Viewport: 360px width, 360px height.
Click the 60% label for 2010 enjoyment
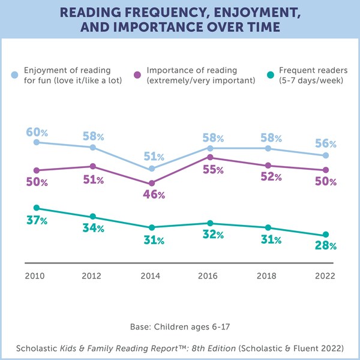coord(37,131)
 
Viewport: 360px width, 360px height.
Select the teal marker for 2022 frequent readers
coord(326,235)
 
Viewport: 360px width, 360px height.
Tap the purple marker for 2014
coord(152,183)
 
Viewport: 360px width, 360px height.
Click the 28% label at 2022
coord(326,246)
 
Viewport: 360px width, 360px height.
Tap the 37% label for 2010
coord(37,221)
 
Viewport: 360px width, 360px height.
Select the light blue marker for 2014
coord(152,169)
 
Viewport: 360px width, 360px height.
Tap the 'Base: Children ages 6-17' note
coord(179,326)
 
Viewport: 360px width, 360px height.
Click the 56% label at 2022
coord(326,144)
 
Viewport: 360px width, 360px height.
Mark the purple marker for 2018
coord(268,166)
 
